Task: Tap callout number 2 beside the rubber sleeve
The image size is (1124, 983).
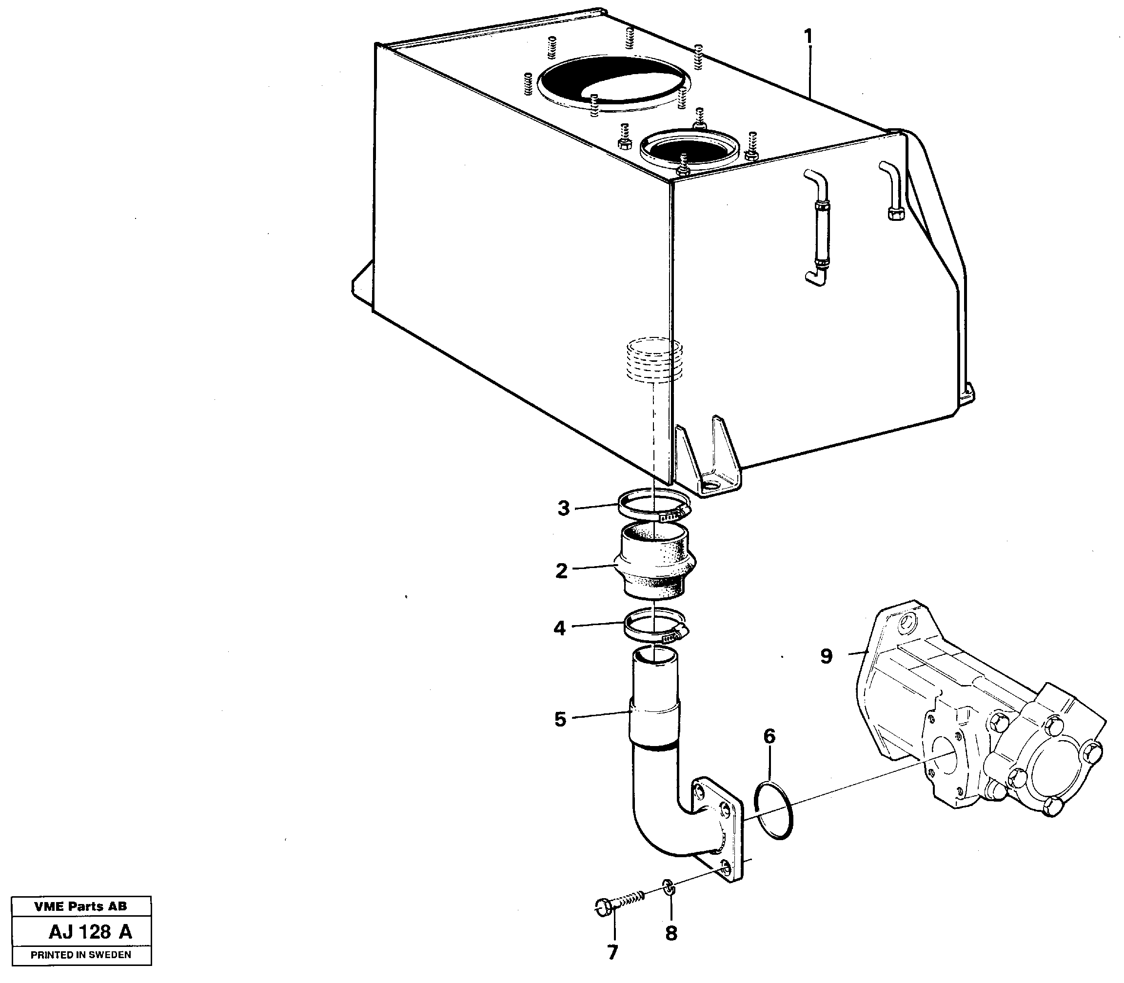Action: click(x=561, y=571)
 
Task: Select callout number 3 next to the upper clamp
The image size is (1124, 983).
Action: click(x=563, y=509)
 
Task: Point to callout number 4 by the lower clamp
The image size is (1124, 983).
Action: click(x=559, y=628)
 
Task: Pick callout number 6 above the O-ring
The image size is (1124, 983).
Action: click(x=769, y=737)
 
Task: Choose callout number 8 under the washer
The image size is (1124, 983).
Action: click(x=671, y=933)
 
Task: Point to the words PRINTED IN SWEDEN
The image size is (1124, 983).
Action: click(x=80, y=955)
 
